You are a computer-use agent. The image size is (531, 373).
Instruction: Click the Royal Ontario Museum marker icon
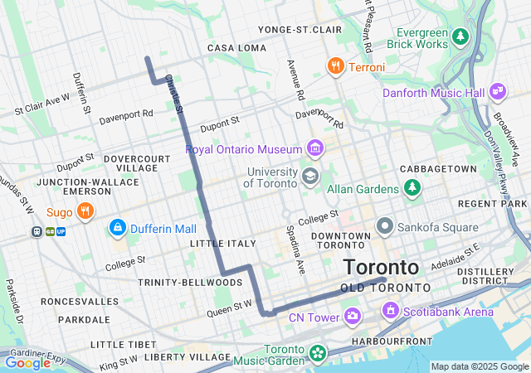pos(314,149)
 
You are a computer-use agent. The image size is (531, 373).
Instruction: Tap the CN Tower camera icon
pos(353,316)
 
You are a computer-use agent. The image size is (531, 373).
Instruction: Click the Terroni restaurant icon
pos(335,66)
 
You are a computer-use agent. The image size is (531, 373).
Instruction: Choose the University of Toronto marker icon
pos(309,175)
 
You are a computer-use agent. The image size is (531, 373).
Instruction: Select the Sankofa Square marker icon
pos(384,226)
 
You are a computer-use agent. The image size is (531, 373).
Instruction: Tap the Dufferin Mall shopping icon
pos(117,227)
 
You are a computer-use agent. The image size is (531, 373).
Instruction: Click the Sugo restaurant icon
pos(84,212)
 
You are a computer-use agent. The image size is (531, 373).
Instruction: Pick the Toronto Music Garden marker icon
pos(316,353)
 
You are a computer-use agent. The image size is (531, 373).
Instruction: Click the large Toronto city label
pos(381,268)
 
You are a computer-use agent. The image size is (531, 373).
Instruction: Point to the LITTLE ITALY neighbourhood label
pos(218,244)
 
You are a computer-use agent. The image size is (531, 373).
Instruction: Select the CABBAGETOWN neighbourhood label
pos(439,168)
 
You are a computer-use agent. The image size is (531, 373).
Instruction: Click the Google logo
pos(28,362)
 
